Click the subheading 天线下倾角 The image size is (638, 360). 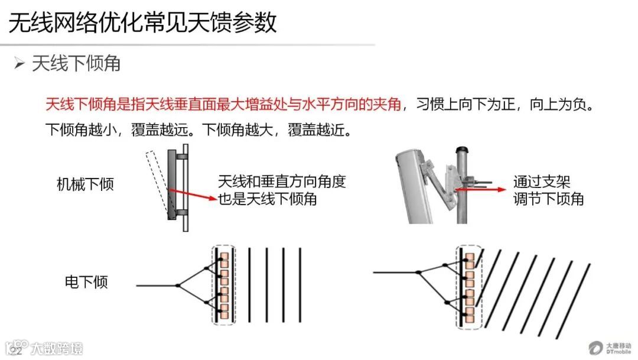(76, 63)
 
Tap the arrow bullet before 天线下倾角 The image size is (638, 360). (20, 63)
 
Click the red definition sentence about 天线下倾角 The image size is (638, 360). (223, 105)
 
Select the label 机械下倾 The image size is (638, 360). (85, 184)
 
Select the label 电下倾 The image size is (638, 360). (86, 282)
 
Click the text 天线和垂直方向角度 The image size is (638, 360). (281, 181)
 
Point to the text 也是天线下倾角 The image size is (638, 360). (268, 199)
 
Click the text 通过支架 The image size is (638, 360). (541, 181)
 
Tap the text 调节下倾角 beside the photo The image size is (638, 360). (548, 199)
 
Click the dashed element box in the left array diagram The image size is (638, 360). (223, 284)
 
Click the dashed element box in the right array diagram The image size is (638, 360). (470, 286)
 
